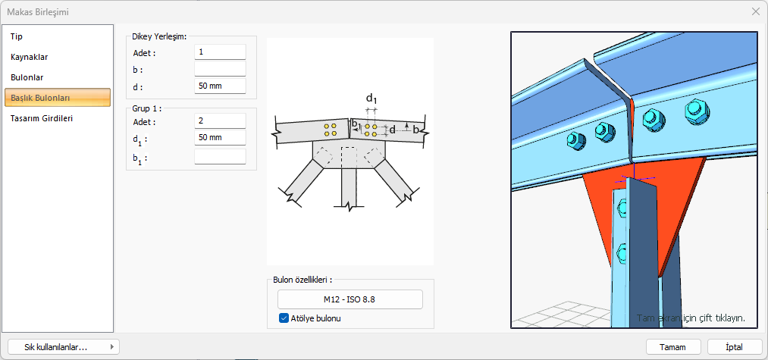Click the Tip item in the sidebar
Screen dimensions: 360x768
pos(17,36)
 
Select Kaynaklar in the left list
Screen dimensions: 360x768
pos(30,56)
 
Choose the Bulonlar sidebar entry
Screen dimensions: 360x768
pos(27,77)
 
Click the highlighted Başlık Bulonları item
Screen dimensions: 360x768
pos(58,97)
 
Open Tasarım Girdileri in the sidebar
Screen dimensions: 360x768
pos(42,118)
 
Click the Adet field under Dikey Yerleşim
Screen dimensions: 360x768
pos(220,52)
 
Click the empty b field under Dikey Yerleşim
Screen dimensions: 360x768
pos(220,69)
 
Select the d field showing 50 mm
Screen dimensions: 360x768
pos(220,86)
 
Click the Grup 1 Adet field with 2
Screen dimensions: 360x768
pos(220,121)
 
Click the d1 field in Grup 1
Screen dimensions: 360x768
pos(220,138)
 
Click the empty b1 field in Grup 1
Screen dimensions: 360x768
pos(220,156)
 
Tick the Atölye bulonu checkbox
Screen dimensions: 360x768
pos(284,318)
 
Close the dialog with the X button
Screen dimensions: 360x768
pos(755,11)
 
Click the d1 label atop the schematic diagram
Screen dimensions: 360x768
pos(371,99)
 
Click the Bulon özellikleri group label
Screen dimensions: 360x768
pos(302,280)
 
